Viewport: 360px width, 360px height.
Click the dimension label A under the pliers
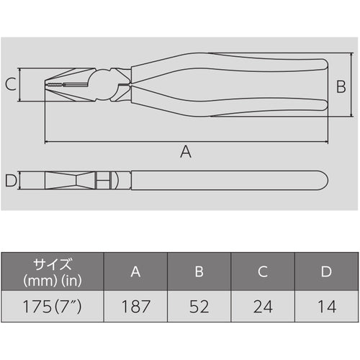click(186, 151)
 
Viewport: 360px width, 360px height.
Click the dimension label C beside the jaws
click(9, 85)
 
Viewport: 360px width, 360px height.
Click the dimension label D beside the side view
click(9, 180)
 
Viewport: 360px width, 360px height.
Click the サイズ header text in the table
click(53, 263)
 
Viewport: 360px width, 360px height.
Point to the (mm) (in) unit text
click(53, 279)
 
